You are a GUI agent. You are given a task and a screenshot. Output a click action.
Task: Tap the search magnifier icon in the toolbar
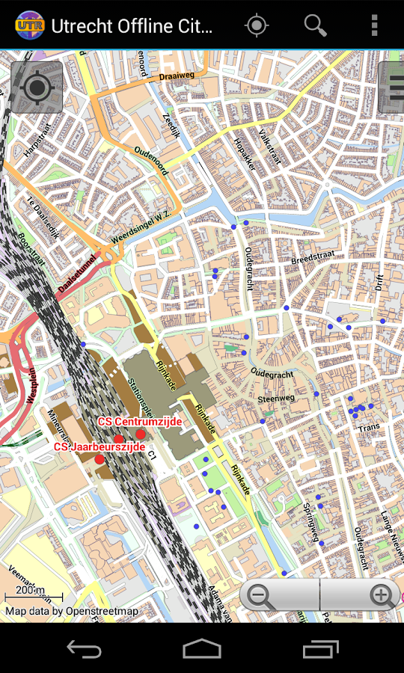315,25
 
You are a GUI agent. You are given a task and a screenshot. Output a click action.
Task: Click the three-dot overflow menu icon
374,25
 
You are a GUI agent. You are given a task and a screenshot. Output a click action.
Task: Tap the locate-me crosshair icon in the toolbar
257,25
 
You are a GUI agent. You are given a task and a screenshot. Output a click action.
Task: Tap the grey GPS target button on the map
37,87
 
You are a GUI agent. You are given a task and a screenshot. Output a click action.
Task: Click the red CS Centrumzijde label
140,422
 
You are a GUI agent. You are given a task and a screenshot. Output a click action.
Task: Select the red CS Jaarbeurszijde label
100,446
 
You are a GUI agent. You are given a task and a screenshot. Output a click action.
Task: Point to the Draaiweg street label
176,75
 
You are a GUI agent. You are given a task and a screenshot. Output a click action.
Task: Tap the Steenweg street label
276,399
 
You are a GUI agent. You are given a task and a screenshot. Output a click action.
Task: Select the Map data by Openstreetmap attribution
72,611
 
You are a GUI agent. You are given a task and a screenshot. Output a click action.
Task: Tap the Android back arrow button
84,648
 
